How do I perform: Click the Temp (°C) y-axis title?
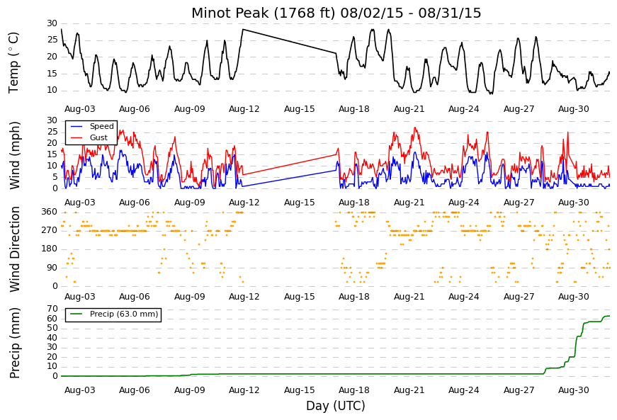coord(13,62)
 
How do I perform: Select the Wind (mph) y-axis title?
coord(14,155)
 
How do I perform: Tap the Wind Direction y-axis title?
coord(14,249)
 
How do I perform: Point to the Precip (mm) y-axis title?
coord(14,343)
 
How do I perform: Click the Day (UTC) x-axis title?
coord(336,406)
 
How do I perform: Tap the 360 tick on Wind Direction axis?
coord(50,212)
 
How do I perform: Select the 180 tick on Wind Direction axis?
coord(50,249)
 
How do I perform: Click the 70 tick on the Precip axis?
coord(52,309)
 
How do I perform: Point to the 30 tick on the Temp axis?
coord(52,23)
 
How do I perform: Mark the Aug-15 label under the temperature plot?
coord(300,109)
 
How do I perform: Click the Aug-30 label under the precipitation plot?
coord(574,390)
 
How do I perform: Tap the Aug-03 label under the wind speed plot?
coord(80,203)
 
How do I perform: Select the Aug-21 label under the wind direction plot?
coord(409,297)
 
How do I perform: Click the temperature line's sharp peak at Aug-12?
coord(243,29)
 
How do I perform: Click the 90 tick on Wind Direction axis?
coord(52,268)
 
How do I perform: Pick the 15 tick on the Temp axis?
coord(52,74)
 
